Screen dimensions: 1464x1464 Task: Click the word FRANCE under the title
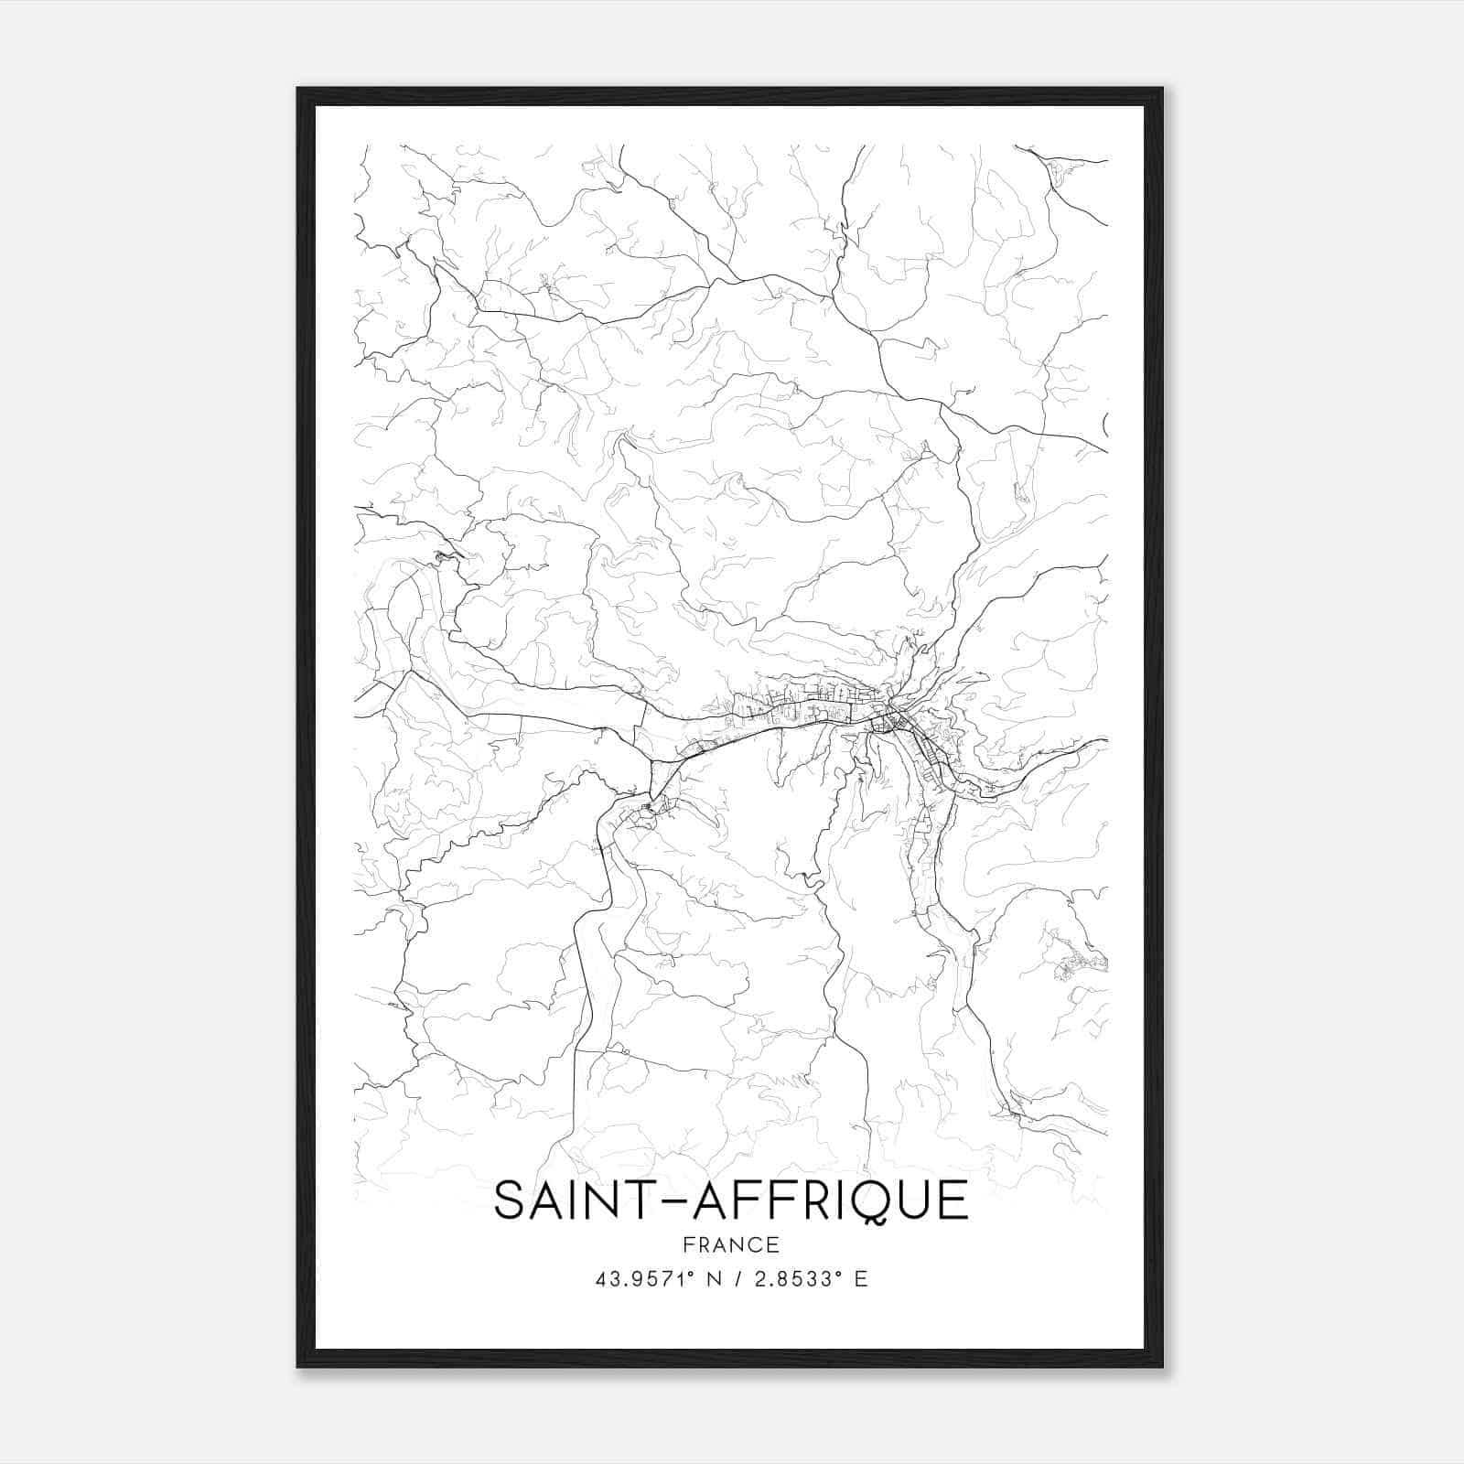730,1244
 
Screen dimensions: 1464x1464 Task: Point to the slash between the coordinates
737,1279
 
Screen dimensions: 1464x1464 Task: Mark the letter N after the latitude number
714,1279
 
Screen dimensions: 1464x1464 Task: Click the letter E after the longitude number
861,1279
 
